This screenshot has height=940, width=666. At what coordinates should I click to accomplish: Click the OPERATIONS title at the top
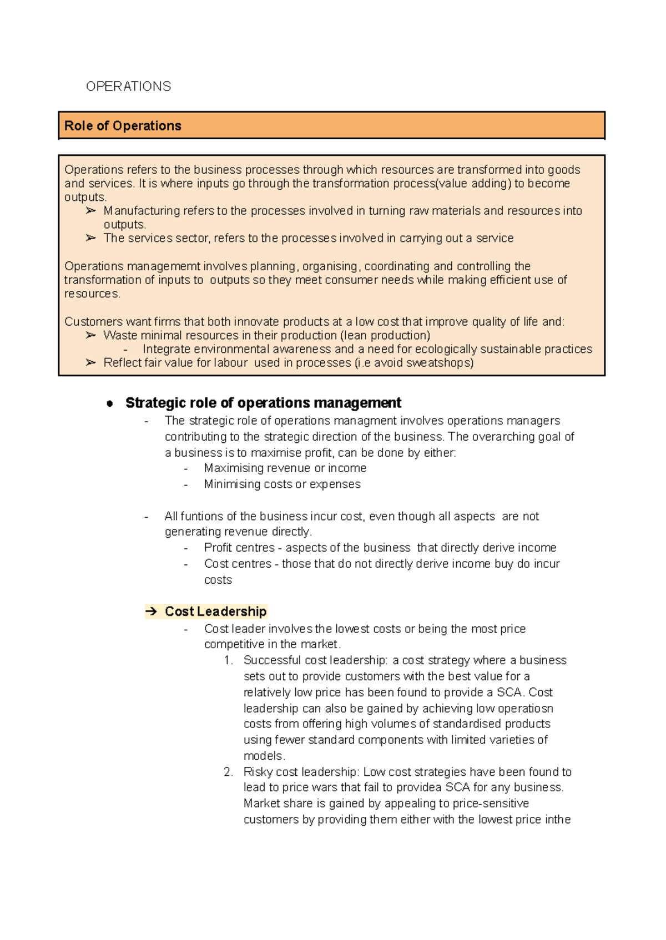click(x=128, y=87)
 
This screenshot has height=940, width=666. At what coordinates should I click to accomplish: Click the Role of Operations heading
click(x=123, y=126)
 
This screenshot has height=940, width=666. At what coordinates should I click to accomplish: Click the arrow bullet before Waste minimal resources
click(x=91, y=336)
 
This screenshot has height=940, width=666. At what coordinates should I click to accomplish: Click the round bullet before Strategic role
click(x=110, y=403)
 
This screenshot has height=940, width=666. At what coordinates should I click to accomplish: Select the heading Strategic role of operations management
click(x=263, y=403)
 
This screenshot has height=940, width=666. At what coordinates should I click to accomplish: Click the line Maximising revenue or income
click(x=285, y=468)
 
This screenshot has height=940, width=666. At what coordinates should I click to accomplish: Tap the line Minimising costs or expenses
click(x=282, y=484)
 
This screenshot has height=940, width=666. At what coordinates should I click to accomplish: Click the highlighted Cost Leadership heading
click(x=215, y=611)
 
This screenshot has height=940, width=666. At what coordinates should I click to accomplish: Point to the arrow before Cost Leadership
click(x=151, y=611)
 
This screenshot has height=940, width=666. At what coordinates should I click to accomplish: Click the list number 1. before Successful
click(x=228, y=660)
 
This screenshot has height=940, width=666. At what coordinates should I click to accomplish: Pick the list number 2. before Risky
click(x=228, y=772)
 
